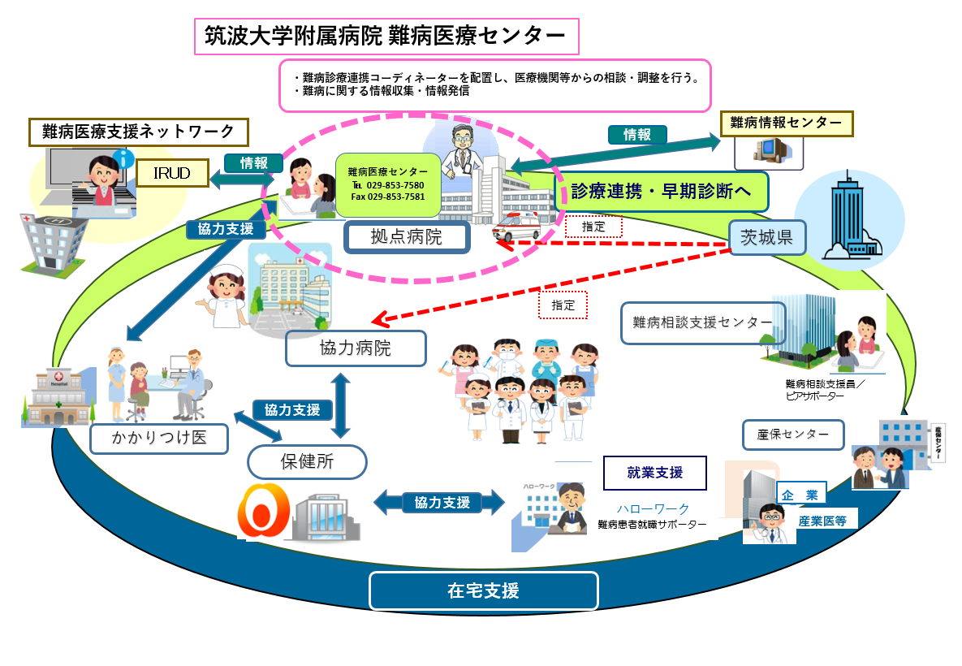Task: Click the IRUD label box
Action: click(172, 173)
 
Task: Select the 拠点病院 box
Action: click(408, 237)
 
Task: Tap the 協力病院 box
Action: click(356, 348)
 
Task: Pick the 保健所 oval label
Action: click(307, 462)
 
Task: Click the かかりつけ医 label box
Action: click(158, 439)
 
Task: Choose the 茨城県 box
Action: click(766, 238)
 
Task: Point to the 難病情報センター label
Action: click(786, 123)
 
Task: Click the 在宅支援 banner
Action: click(483, 590)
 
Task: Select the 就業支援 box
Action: click(654, 473)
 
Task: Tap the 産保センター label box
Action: click(793, 435)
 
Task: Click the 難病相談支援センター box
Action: click(703, 322)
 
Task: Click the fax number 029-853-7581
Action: click(388, 197)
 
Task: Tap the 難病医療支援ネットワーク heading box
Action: click(138, 131)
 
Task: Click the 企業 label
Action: click(800, 495)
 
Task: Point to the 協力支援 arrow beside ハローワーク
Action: click(442, 503)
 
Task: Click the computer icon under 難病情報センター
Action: click(767, 150)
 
